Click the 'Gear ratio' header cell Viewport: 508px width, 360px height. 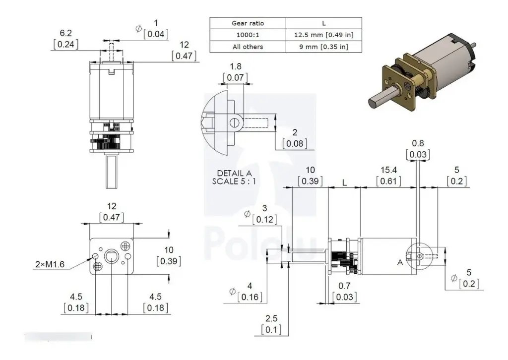248,23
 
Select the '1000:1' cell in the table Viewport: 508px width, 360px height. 248,35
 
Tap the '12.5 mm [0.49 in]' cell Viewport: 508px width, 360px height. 323,35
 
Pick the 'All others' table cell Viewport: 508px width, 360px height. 248,47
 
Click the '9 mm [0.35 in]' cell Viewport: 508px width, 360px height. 323,47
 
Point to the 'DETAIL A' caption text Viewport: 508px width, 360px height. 235,173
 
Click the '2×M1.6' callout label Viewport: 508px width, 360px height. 50,265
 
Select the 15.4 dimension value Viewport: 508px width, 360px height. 388,170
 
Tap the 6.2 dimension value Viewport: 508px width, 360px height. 66,33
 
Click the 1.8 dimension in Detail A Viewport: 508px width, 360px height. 236,66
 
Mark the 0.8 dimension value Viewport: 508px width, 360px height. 418,144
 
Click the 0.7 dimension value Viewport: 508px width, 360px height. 345,286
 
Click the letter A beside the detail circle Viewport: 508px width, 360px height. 399,261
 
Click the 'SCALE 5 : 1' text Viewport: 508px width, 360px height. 235,181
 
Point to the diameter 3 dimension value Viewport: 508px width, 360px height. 264,208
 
